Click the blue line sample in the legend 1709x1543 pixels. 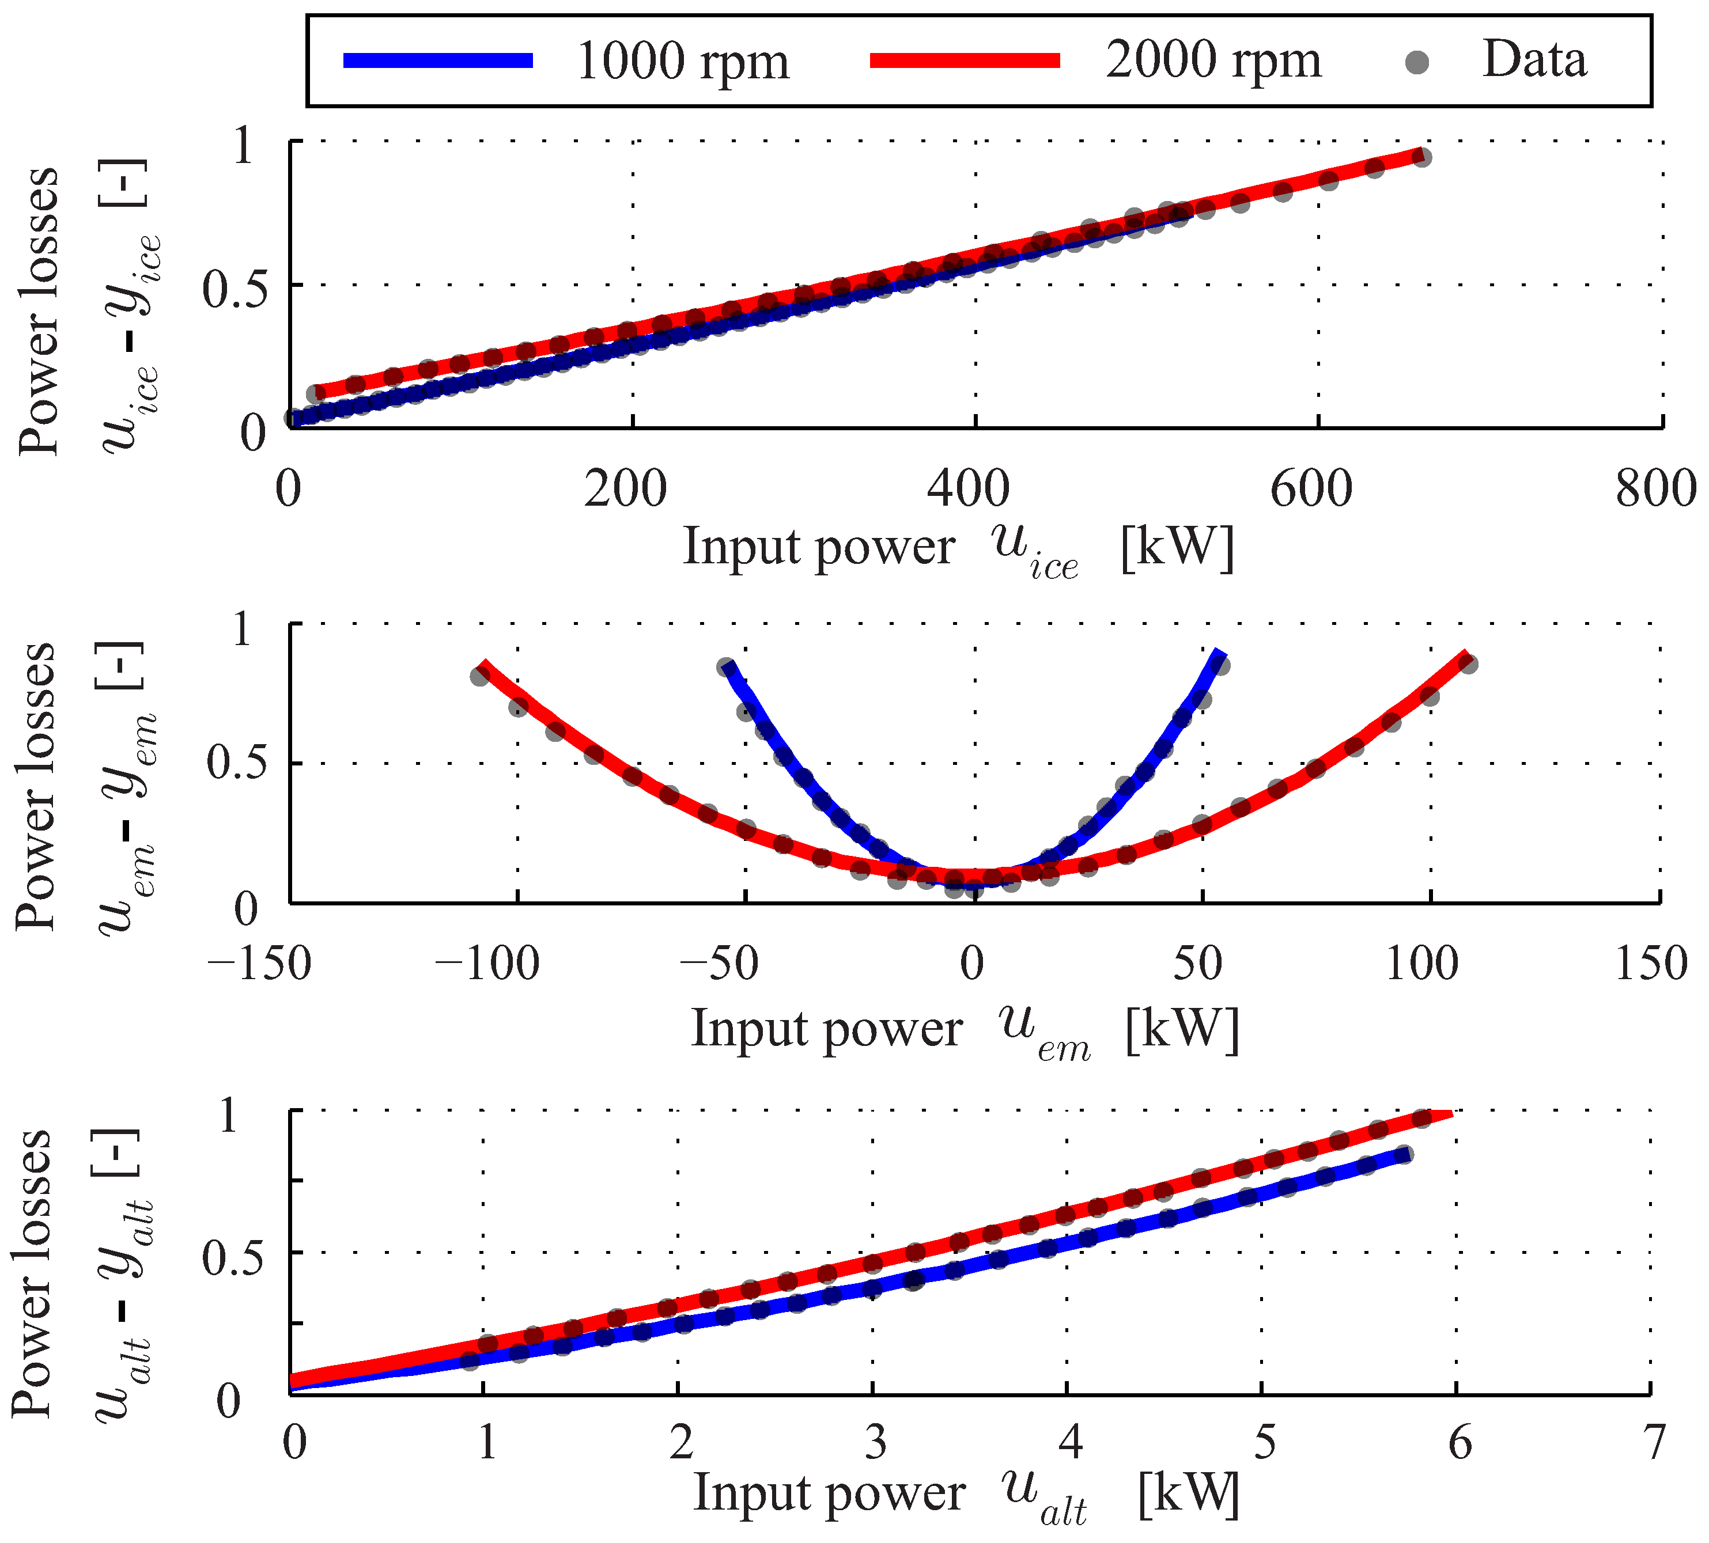pyautogui.click(x=438, y=60)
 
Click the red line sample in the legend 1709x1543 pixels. pyautogui.click(x=965, y=60)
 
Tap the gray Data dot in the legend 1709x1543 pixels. pyautogui.click(x=1416, y=62)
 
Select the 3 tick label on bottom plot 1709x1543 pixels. pyautogui.click(x=876, y=1442)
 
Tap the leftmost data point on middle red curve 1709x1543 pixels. pyautogui.click(x=480, y=676)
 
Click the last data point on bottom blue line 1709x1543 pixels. pyautogui.click(x=1403, y=1155)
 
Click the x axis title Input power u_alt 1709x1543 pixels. pyautogui.click(x=966, y=1495)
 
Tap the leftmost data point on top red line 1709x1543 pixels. pyautogui.click(x=315, y=393)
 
